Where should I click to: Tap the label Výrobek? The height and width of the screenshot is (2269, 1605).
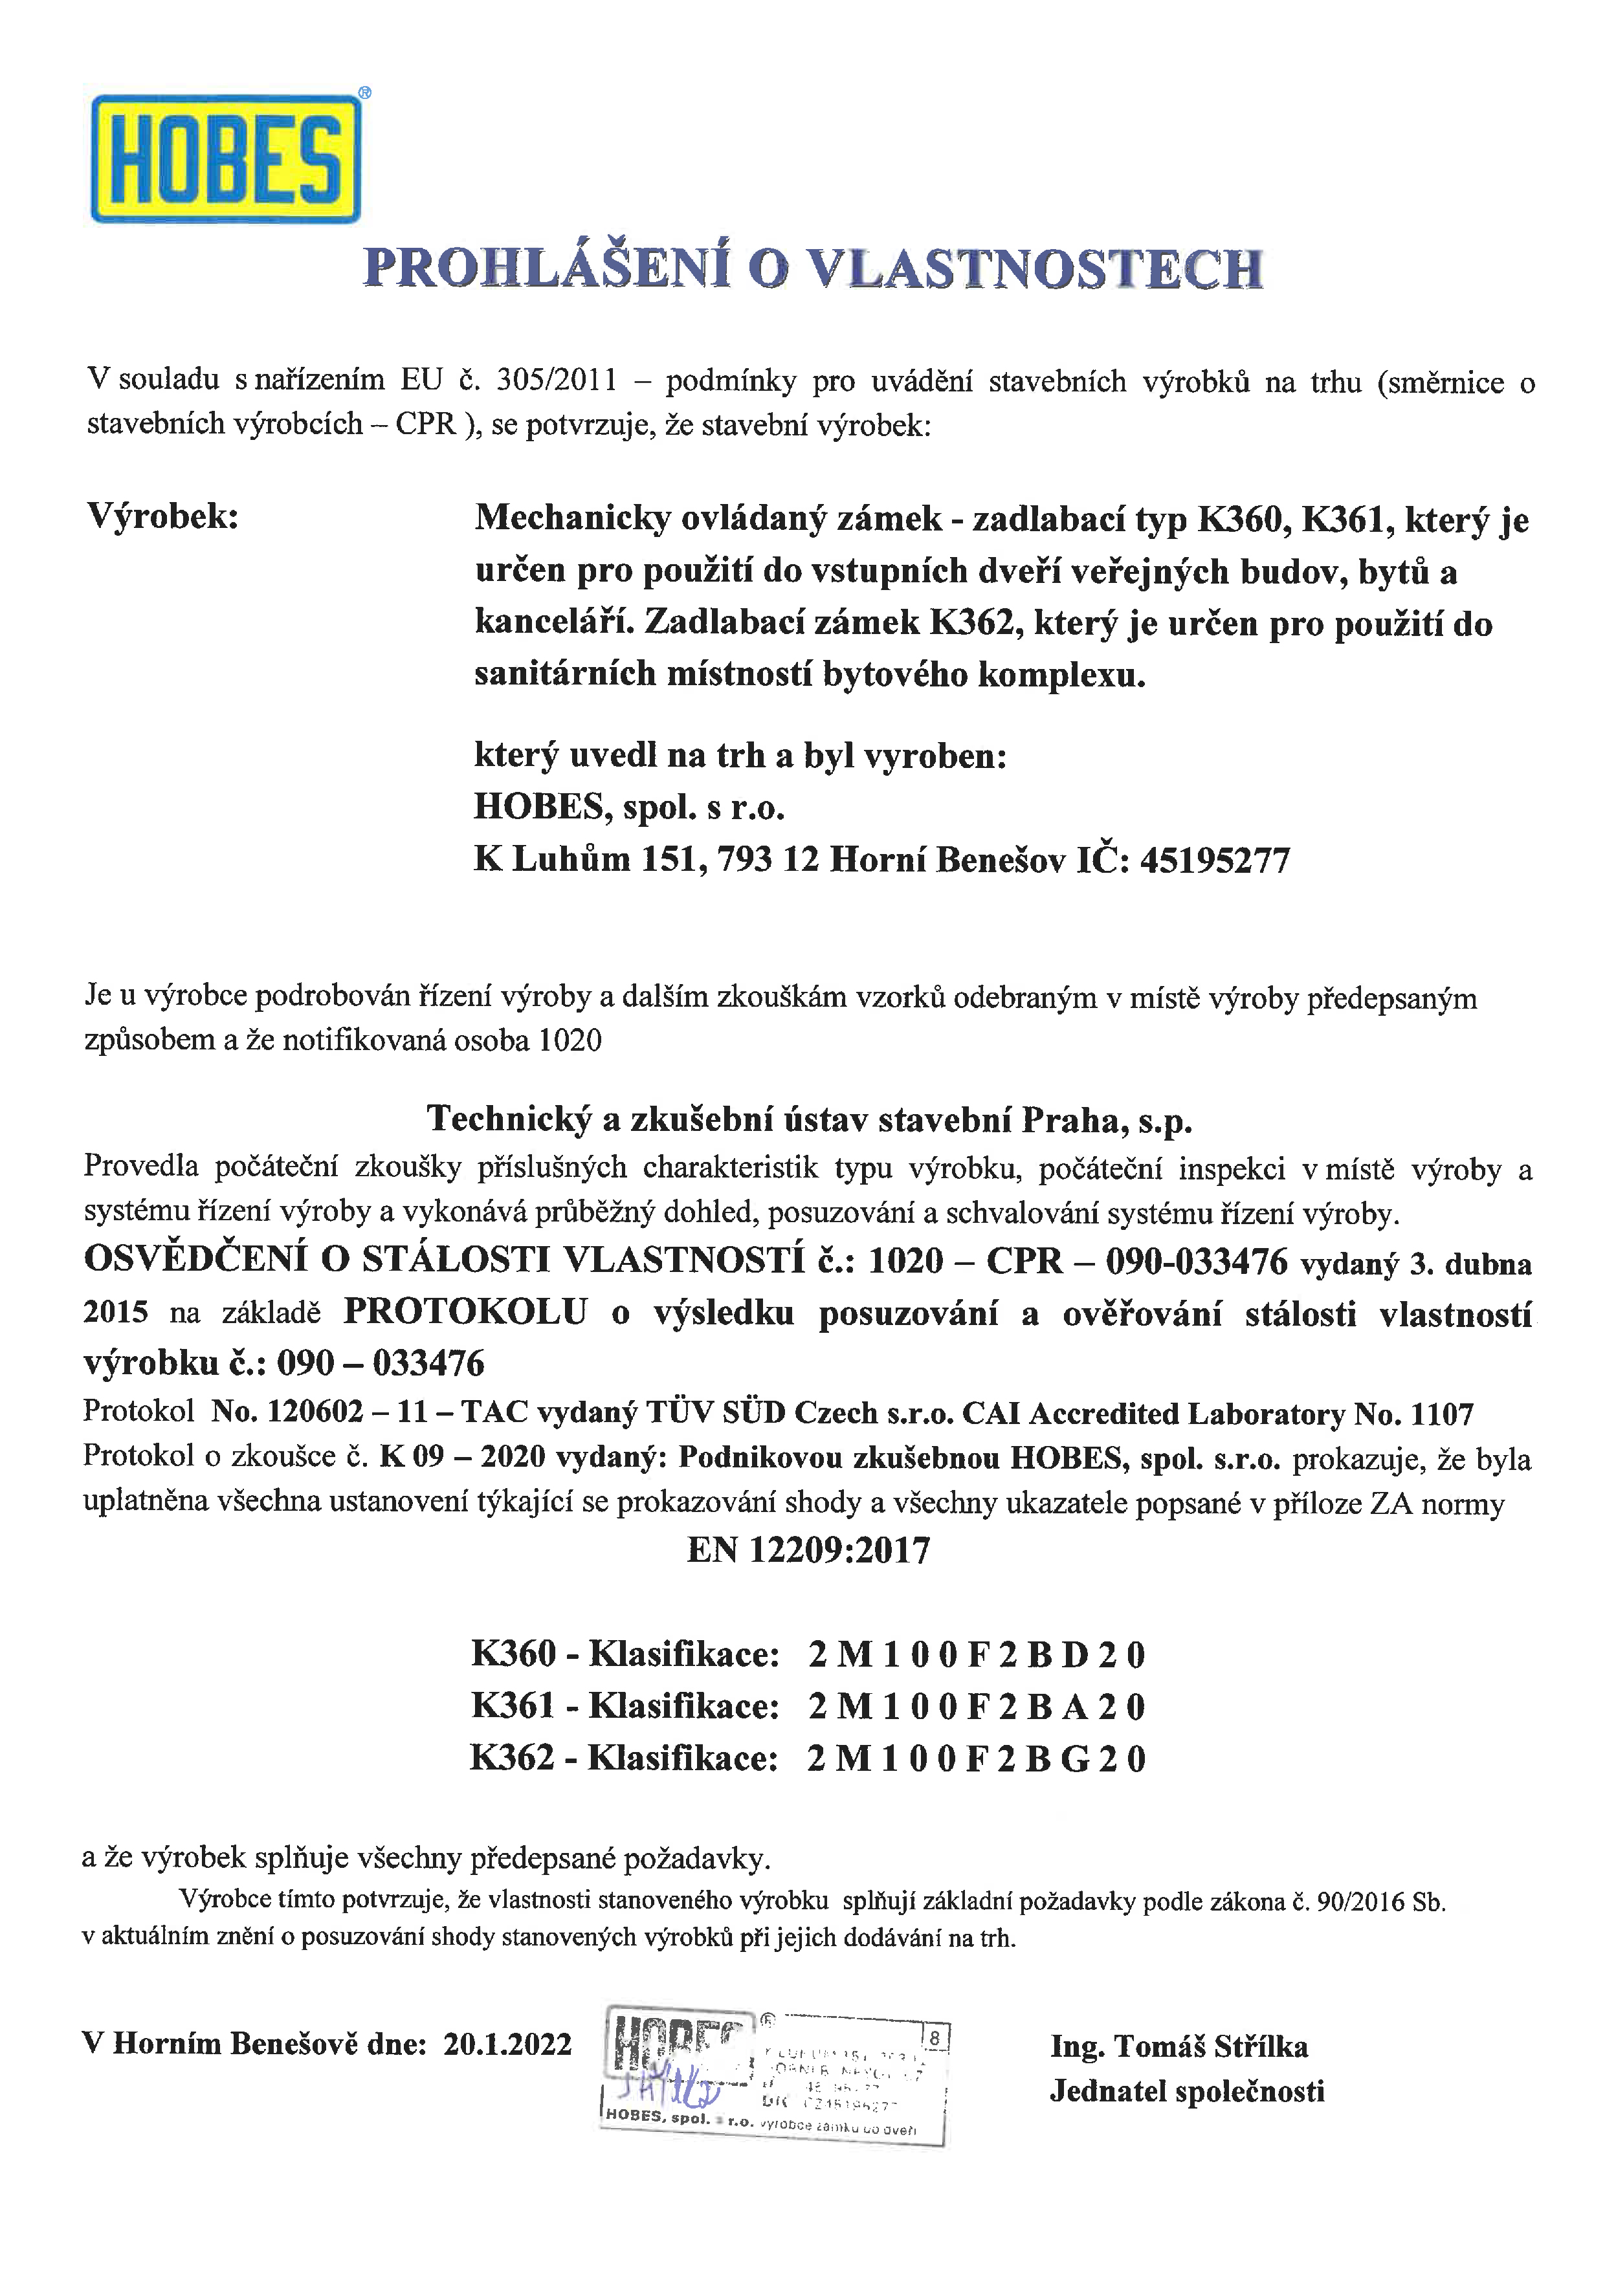[163, 516]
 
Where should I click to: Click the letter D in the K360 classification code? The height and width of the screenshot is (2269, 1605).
[1074, 1655]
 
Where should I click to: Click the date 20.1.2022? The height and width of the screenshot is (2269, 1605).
[507, 2044]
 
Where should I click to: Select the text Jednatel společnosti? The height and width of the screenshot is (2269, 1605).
[1186, 2091]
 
